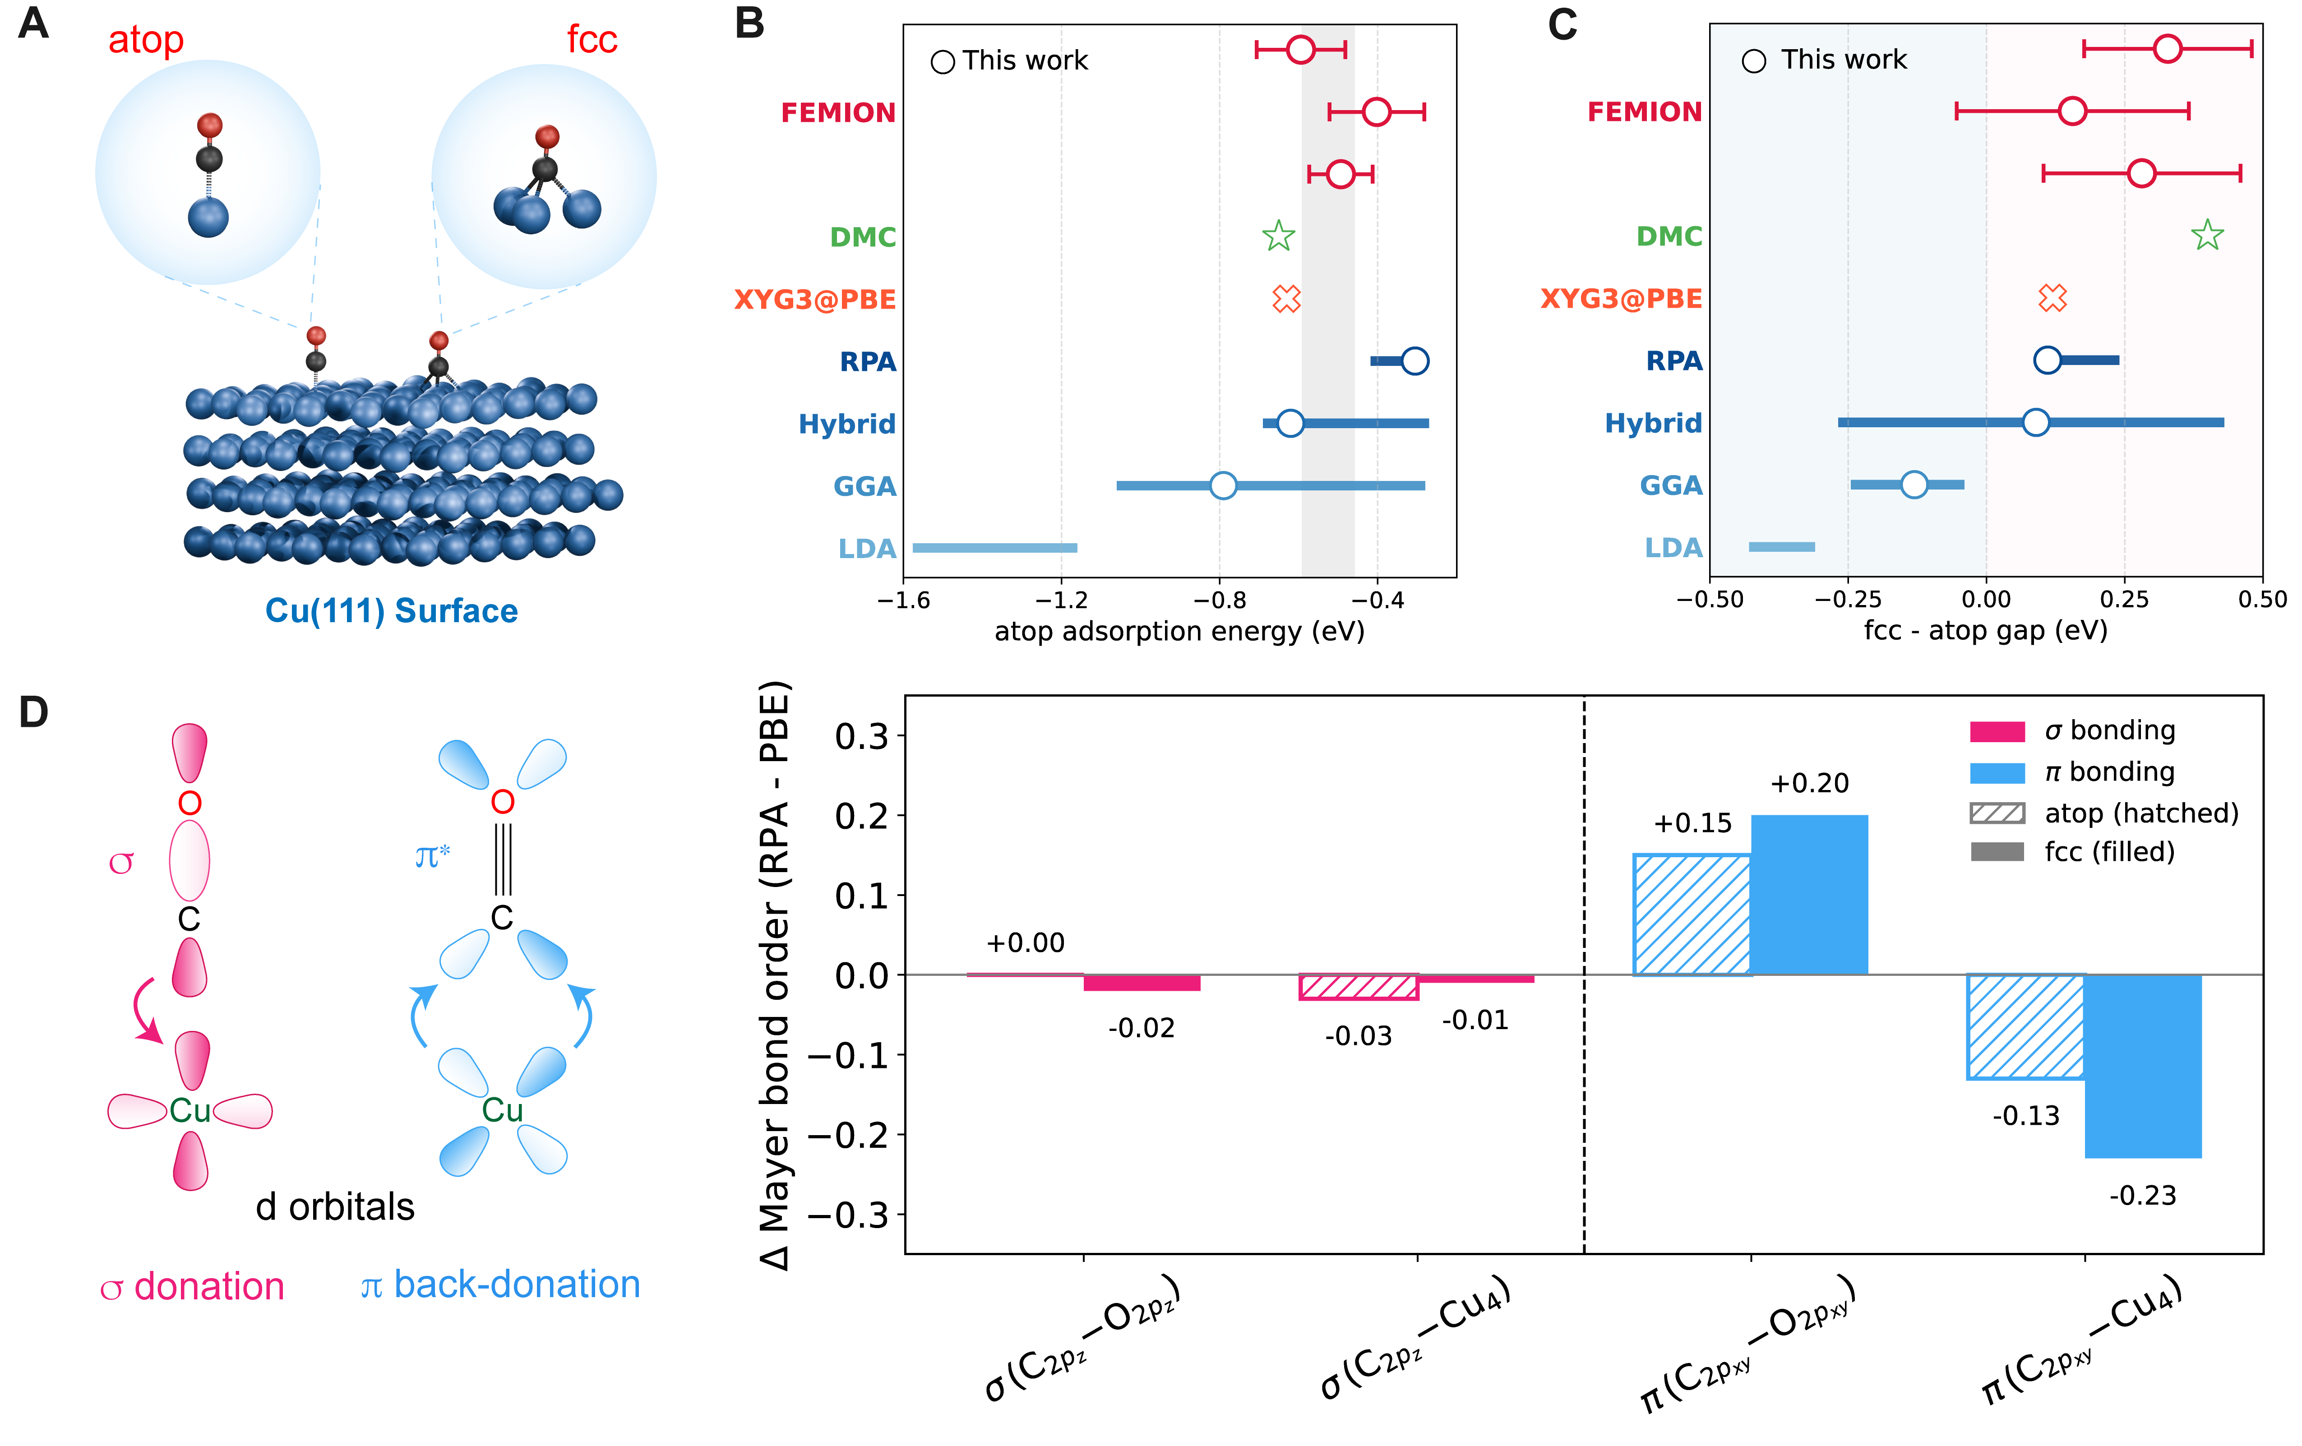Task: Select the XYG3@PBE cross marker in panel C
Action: click(x=2052, y=298)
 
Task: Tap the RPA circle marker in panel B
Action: click(x=1414, y=361)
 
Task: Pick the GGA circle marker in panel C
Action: click(x=1913, y=485)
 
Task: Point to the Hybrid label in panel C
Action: click(x=1653, y=423)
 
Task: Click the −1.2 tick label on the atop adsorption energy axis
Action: click(x=1061, y=600)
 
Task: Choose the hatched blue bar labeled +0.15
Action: click(x=1692, y=915)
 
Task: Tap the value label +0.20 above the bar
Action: click(x=1809, y=784)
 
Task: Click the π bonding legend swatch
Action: click(x=1997, y=772)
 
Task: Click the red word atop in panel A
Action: click(x=145, y=40)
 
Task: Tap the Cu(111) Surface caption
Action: click(x=391, y=611)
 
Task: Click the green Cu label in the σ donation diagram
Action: click(x=190, y=1110)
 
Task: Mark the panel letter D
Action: click(x=33, y=712)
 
